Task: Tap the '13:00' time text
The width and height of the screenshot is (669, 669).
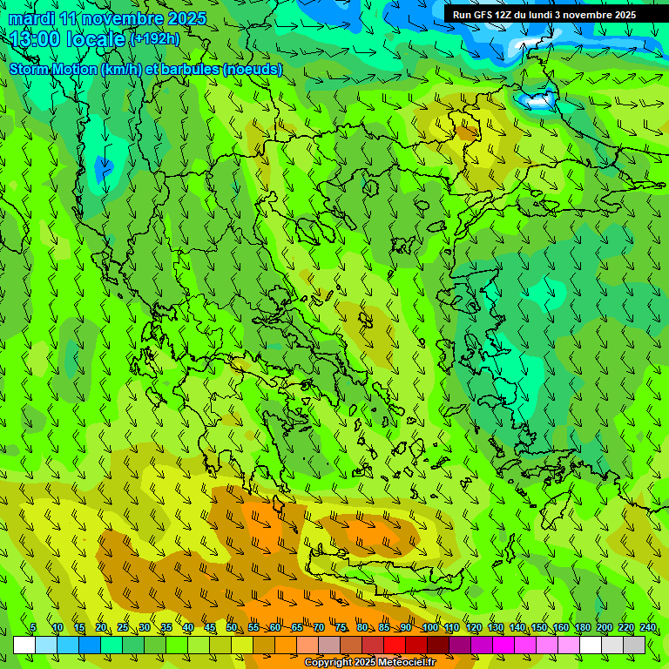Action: click(35, 39)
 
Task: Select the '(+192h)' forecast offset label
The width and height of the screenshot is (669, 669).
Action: click(154, 38)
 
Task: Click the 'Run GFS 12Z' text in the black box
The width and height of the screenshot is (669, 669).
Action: click(481, 15)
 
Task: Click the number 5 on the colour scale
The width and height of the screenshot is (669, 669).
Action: click(33, 627)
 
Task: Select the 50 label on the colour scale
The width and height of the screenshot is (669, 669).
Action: click(232, 627)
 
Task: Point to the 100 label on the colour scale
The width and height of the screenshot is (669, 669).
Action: click(429, 627)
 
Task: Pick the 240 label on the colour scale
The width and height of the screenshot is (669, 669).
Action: click(648, 627)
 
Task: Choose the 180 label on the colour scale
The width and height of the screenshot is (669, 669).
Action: click(583, 627)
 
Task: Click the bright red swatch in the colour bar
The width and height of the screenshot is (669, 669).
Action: click(395, 645)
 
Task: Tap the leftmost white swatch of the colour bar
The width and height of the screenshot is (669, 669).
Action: click(24, 645)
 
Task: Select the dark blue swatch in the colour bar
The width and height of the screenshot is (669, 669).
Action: click(90, 645)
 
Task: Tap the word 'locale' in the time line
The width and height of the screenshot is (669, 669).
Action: click(96, 39)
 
